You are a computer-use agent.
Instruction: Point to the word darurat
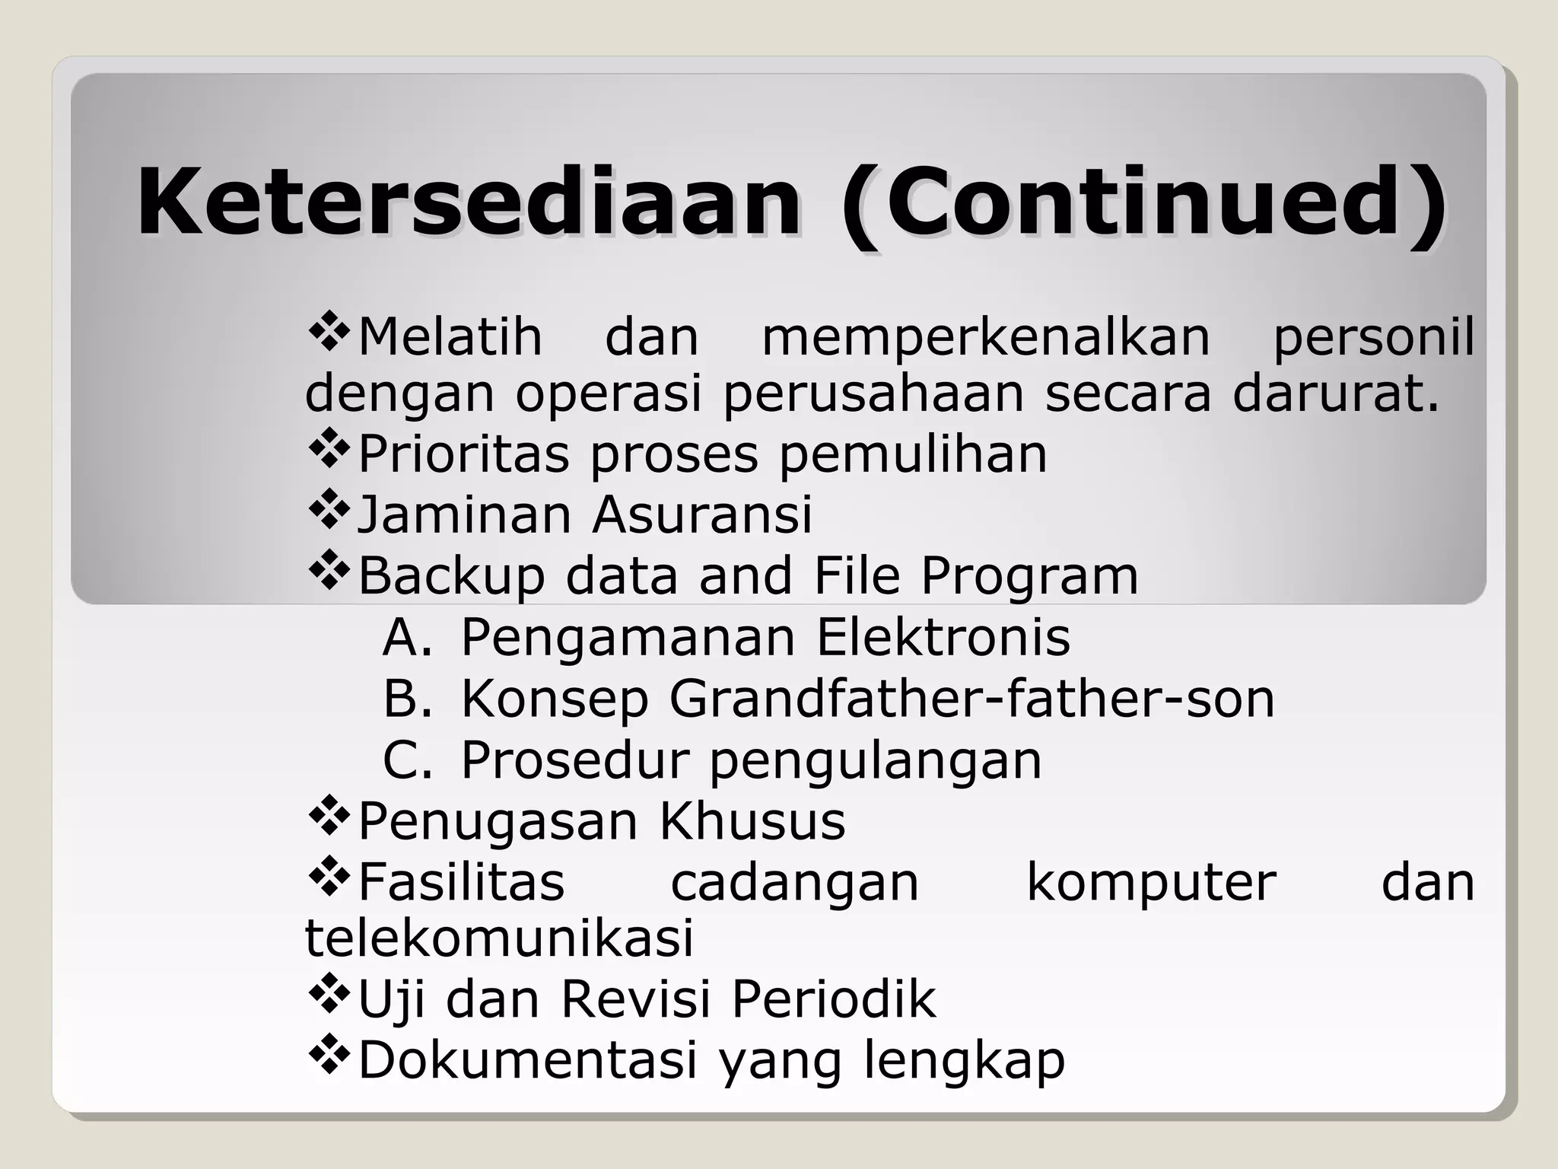pyautogui.click(x=1336, y=394)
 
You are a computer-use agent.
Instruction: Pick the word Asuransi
pyautogui.click(x=702, y=514)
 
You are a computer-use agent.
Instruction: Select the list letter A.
pyautogui.click(x=407, y=638)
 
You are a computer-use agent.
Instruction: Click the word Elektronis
pyautogui.click(x=943, y=638)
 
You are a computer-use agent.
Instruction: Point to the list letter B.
pyautogui.click(x=407, y=699)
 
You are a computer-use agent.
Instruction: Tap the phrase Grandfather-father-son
pyautogui.click(x=971, y=699)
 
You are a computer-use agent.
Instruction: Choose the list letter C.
pyautogui.click(x=407, y=760)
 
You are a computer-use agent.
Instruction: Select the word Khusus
pyautogui.click(x=752, y=820)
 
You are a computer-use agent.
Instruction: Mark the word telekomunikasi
pyautogui.click(x=499, y=938)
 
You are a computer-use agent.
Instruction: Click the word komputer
pyautogui.click(x=1151, y=883)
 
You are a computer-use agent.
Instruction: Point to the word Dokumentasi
pyautogui.click(x=527, y=1060)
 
